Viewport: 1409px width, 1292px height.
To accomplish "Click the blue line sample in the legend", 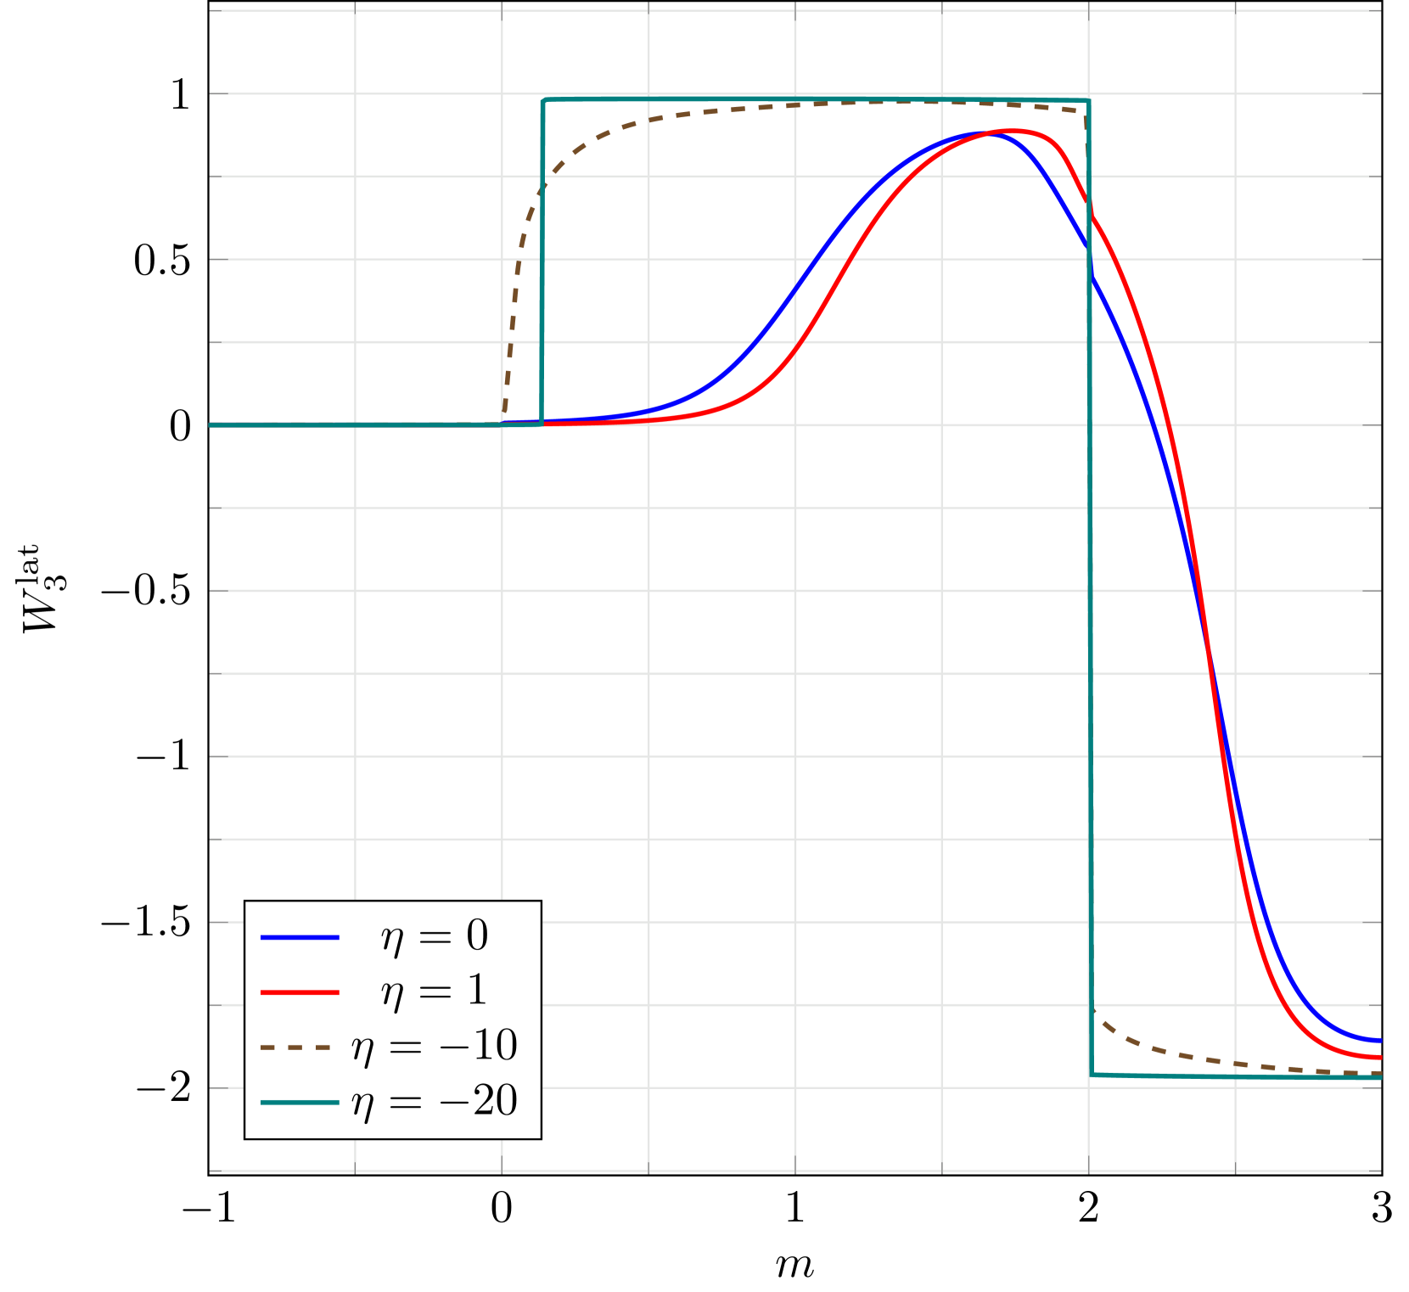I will (x=300, y=937).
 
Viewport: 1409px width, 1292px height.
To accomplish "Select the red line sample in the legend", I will (x=300, y=992).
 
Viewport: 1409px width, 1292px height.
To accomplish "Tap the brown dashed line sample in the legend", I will (x=295, y=1048).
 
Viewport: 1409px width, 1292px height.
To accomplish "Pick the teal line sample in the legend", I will (x=300, y=1103).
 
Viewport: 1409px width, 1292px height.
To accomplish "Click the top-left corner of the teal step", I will (x=543, y=100).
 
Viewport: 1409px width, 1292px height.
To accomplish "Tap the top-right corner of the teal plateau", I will (x=1088, y=102).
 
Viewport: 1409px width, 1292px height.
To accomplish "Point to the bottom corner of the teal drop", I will (x=1092, y=1075).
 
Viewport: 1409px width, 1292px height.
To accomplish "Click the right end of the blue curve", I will (x=1380, y=1041).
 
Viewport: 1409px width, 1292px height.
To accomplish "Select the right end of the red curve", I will (x=1380, y=1058).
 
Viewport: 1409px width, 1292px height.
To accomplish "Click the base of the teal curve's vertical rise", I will (x=542, y=424).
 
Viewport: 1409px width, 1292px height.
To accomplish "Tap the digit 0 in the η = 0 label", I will (x=477, y=935).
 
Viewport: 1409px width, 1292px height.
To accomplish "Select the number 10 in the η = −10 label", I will (x=495, y=1046).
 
